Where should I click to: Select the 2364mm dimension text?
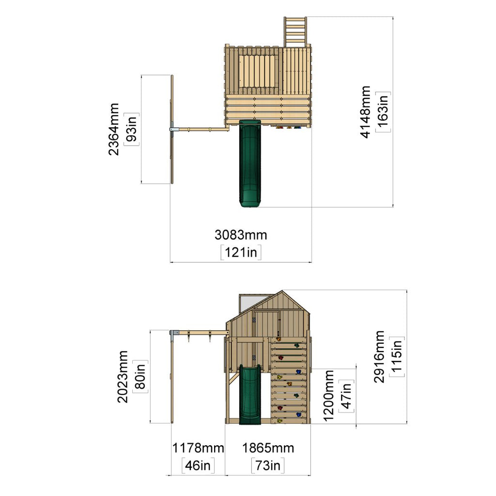113,129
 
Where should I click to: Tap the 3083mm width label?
241,235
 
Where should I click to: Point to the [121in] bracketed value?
241,252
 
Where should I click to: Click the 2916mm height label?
379,356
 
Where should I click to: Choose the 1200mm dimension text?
329,395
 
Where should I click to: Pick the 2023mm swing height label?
123,376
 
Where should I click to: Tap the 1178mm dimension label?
198,448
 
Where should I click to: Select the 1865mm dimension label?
268,448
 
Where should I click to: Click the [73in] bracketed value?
267,465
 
